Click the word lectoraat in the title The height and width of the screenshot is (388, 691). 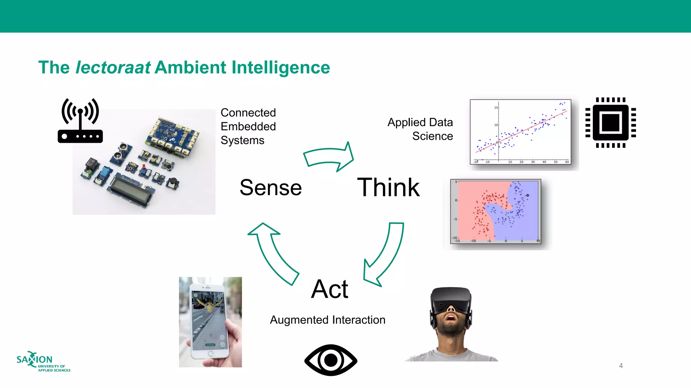pos(113,67)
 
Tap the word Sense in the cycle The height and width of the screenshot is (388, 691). pos(271,188)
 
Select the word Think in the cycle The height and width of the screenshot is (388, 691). pos(388,187)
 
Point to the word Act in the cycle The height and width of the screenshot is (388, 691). pos(330,289)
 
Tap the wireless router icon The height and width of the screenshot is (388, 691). pos(80,121)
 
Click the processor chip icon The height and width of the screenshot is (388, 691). pos(611,123)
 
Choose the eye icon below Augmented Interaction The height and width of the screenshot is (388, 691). pos(331,360)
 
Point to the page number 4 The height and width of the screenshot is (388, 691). pos(621,366)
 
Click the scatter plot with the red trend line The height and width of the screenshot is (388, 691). pos(520,132)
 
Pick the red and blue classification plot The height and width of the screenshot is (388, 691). pos(496,211)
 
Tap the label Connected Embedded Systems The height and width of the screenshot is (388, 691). pos(248,126)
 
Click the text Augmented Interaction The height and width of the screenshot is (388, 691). pos(328,320)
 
